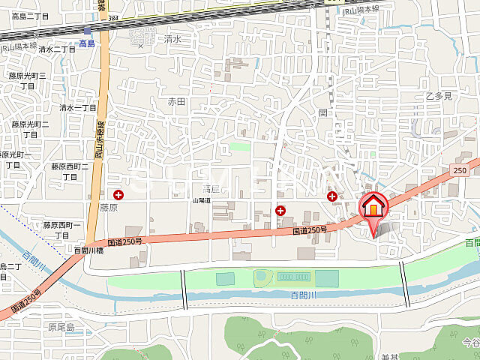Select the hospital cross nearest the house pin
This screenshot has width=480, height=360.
point(332,196)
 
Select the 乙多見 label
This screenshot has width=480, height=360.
point(439,95)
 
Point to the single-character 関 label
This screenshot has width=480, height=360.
point(323,112)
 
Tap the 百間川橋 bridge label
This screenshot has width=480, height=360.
point(89,250)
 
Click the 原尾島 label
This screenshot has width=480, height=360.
point(61,328)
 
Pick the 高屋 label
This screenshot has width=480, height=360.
point(211,190)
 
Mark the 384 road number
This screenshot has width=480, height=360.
point(112,16)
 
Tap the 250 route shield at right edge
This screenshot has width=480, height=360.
point(459,172)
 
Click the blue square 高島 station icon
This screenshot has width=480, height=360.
point(88,31)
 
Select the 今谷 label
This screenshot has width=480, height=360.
point(471,343)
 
